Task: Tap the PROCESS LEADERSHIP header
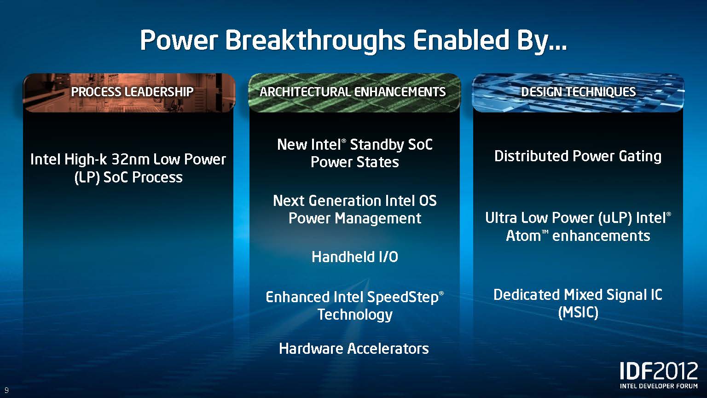point(132,92)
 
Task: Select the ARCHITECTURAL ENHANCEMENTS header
point(353,92)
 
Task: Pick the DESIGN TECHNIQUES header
point(578,92)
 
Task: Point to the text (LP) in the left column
point(87,177)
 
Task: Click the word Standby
point(377,145)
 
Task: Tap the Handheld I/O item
point(355,257)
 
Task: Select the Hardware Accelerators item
point(354,348)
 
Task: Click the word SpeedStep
point(403,298)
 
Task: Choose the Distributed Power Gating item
point(578,156)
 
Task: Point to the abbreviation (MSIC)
point(578,313)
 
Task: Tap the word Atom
point(523,236)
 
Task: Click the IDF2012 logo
point(659,371)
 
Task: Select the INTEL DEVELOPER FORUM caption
point(659,386)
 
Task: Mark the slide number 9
point(6,390)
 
